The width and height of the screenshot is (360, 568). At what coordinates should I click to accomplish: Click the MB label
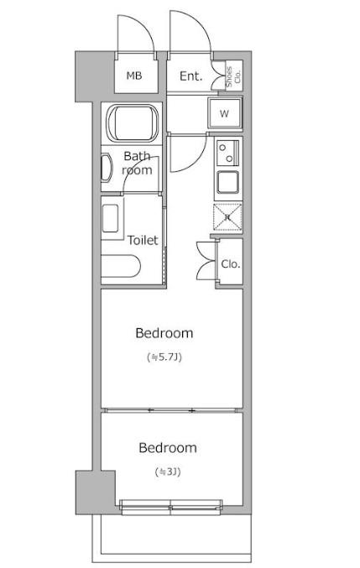click(134, 76)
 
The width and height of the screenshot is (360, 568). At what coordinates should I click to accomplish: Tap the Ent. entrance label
click(190, 76)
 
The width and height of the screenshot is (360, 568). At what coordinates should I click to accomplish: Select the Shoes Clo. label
click(233, 77)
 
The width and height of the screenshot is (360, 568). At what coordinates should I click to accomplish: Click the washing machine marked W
click(225, 113)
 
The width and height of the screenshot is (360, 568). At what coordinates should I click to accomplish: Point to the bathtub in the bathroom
click(133, 123)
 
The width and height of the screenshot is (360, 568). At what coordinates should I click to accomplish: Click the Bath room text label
click(137, 163)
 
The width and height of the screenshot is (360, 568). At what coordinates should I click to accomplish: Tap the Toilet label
click(143, 240)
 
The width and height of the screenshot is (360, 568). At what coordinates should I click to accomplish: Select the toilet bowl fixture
click(120, 266)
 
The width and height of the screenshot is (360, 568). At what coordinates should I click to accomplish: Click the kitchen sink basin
click(227, 182)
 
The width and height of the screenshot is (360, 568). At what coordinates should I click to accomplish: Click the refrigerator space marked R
click(227, 217)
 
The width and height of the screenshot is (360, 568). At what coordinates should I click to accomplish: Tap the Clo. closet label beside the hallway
click(231, 264)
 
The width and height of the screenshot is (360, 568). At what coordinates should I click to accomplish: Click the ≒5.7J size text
click(164, 357)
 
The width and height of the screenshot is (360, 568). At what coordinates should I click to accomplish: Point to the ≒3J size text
click(168, 472)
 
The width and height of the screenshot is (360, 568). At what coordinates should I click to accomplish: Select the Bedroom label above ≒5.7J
click(164, 333)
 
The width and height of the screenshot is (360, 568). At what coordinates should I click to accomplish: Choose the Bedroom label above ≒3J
click(168, 448)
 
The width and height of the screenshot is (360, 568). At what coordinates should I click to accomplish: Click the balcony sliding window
click(170, 507)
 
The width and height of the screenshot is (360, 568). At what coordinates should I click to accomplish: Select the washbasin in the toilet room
click(110, 219)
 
